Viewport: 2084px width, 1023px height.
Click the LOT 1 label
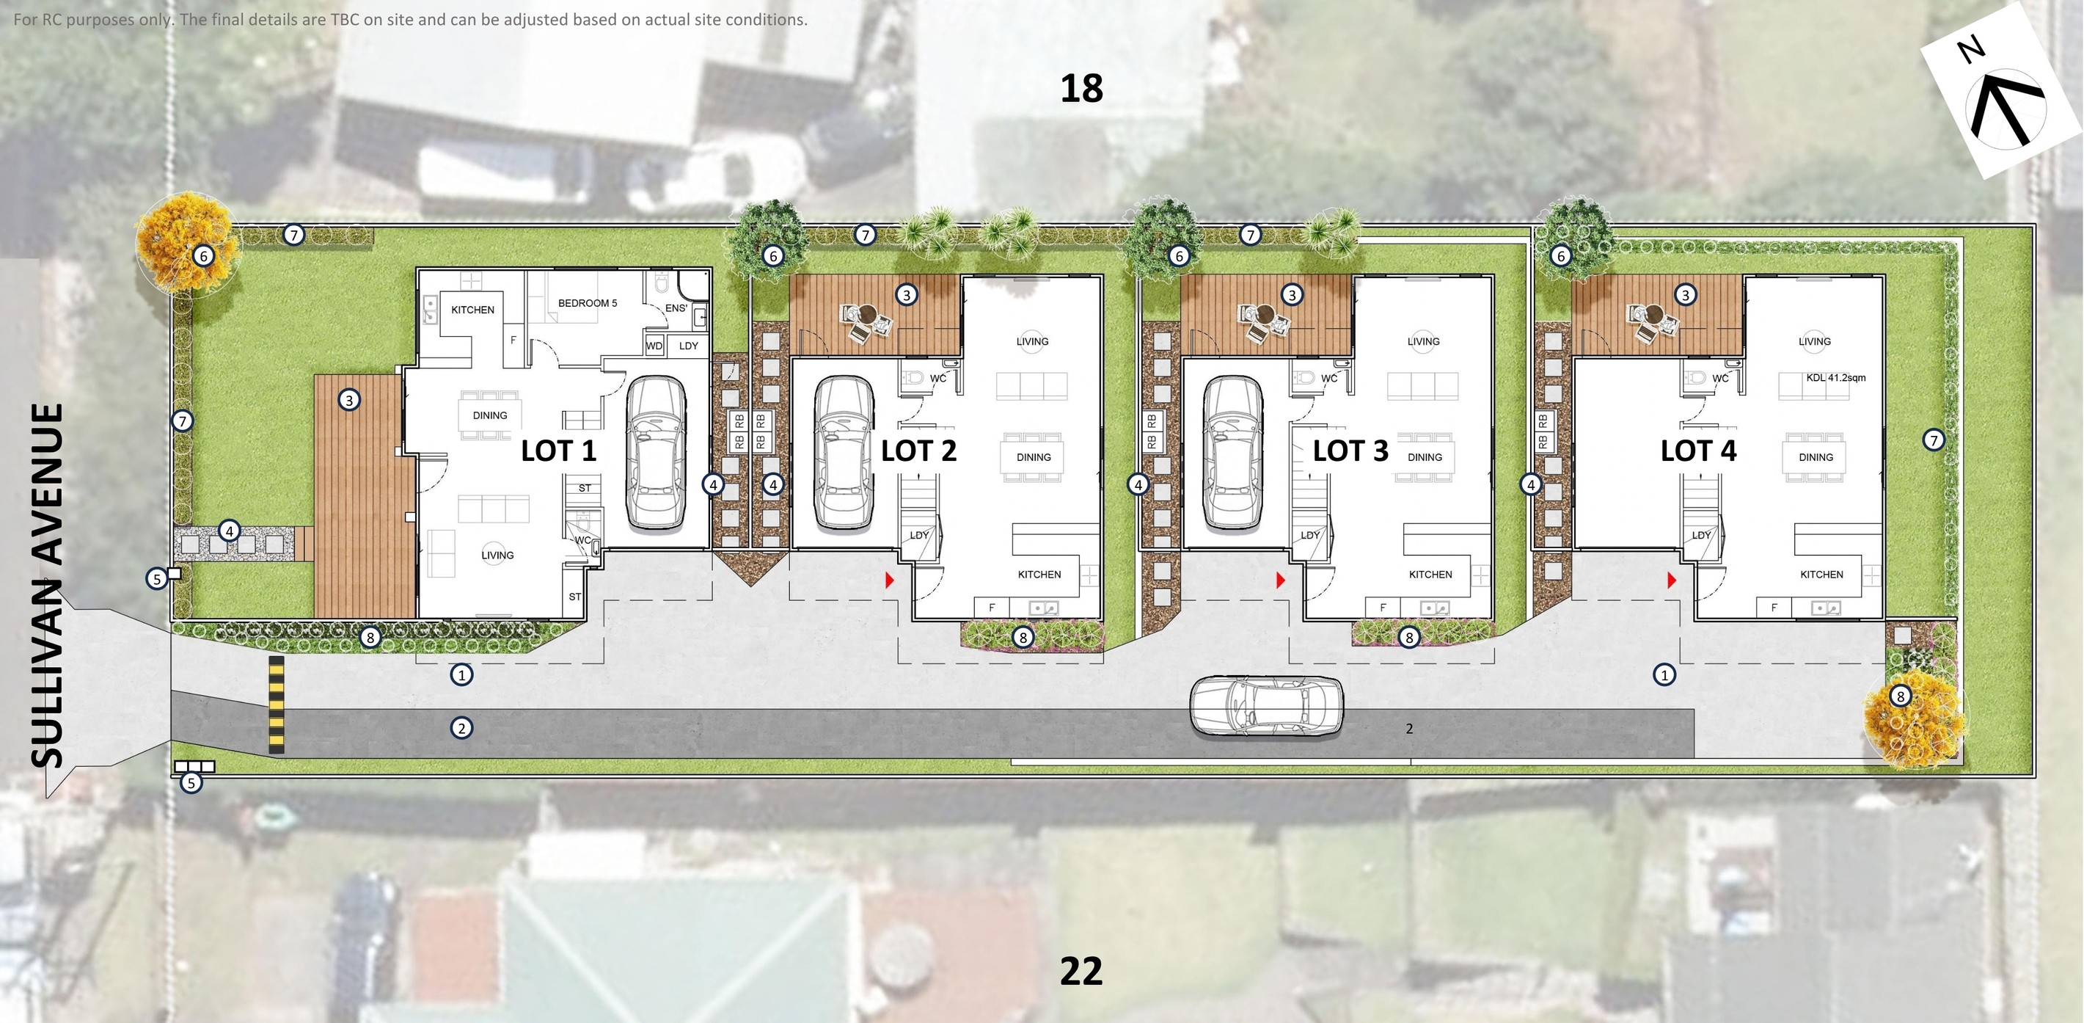(x=558, y=451)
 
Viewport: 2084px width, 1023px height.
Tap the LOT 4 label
(x=1698, y=451)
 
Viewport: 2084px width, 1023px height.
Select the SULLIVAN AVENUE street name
(x=47, y=585)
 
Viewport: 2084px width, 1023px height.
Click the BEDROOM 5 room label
(x=588, y=304)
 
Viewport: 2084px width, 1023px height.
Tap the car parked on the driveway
(x=1266, y=707)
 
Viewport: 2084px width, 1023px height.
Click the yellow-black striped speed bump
(x=277, y=706)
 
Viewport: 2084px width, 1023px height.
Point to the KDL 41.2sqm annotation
(x=1835, y=378)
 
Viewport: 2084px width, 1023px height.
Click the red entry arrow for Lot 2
(x=890, y=580)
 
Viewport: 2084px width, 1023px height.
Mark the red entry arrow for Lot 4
(x=1672, y=580)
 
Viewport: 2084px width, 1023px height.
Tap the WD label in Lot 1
(x=654, y=346)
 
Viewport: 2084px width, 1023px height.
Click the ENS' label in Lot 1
(x=676, y=308)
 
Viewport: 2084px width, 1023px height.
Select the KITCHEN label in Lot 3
(x=1430, y=575)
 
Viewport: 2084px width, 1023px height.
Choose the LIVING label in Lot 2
(x=1032, y=341)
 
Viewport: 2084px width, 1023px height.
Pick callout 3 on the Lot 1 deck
(x=349, y=400)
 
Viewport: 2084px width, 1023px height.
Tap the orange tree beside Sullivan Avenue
(x=187, y=241)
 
